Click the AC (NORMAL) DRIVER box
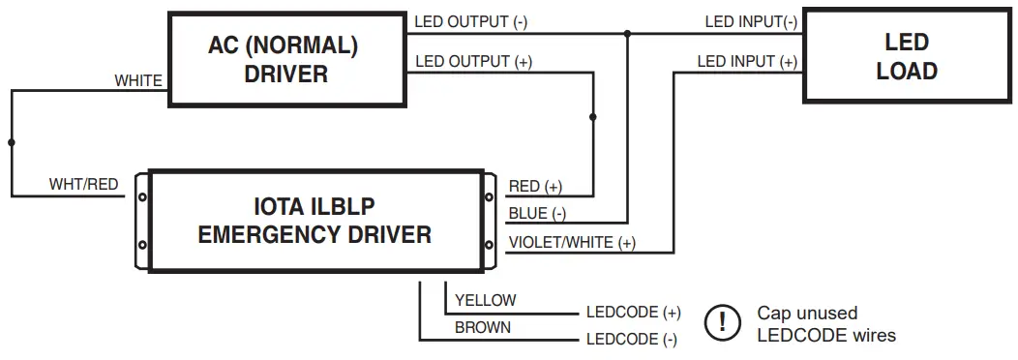pyautogui.click(x=284, y=59)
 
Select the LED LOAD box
pyautogui.click(x=906, y=56)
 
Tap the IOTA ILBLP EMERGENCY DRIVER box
pyautogui.click(x=314, y=221)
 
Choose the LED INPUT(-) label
pyautogui.click(x=751, y=21)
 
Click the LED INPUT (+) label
pyautogui.click(x=747, y=62)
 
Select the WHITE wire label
pyautogui.click(x=138, y=81)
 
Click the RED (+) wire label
pyautogui.click(x=535, y=186)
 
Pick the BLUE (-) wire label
pyautogui.click(x=537, y=214)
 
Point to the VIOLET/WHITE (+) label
pyautogui.click(x=572, y=242)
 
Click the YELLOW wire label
pyautogui.click(x=485, y=300)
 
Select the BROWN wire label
pyautogui.click(x=483, y=327)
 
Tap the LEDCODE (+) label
pyautogui.click(x=633, y=313)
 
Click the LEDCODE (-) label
pyautogui.click(x=631, y=340)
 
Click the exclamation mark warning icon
pyautogui.click(x=721, y=323)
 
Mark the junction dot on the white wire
pyautogui.click(x=12, y=142)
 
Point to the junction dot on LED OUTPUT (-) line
pyautogui.click(x=627, y=34)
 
